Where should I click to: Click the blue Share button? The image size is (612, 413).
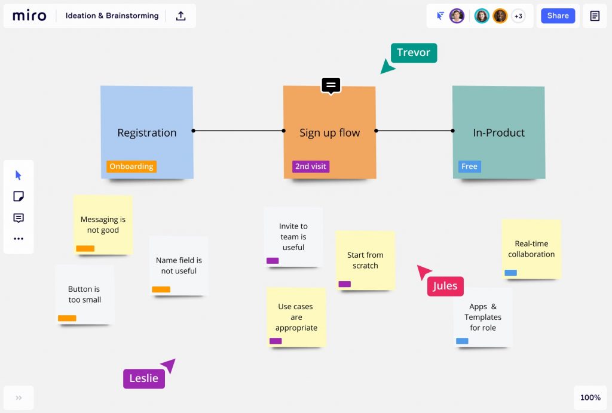pyautogui.click(x=558, y=16)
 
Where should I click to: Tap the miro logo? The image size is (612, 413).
pyautogui.click(x=29, y=16)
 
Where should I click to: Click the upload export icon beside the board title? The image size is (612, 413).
pyautogui.click(x=180, y=16)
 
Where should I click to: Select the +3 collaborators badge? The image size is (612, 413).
pyautogui.click(x=518, y=16)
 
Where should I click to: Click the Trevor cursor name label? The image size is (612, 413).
pyautogui.click(x=414, y=53)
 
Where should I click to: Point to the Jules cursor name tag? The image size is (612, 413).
pyautogui.click(x=445, y=286)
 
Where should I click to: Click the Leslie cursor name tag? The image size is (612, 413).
pyautogui.click(x=144, y=378)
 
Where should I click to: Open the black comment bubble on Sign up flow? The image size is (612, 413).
pyautogui.click(x=331, y=86)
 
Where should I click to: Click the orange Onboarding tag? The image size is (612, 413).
pyautogui.click(x=131, y=167)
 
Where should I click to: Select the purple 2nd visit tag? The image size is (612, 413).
pyautogui.click(x=311, y=167)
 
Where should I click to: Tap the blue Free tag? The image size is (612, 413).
pyautogui.click(x=470, y=167)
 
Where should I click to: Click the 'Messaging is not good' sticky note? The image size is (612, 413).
pyautogui.click(x=103, y=225)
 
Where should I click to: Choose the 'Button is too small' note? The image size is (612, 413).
pyautogui.click(x=85, y=295)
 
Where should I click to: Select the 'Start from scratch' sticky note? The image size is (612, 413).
pyautogui.click(x=365, y=260)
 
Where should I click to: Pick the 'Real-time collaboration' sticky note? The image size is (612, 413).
pyautogui.click(x=531, y=249)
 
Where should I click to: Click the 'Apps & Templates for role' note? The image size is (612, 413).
pyautogui.click(x=483, y=317)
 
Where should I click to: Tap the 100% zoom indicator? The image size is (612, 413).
pyautogui.click(x=590, y=397)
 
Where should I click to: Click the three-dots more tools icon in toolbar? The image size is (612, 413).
pyautogui.click(x=19, y=239)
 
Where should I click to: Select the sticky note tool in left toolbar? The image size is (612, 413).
pyautogui.click(x=19, y=196)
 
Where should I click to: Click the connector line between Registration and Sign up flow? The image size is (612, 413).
pyautogui.click(x=238, y=131)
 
